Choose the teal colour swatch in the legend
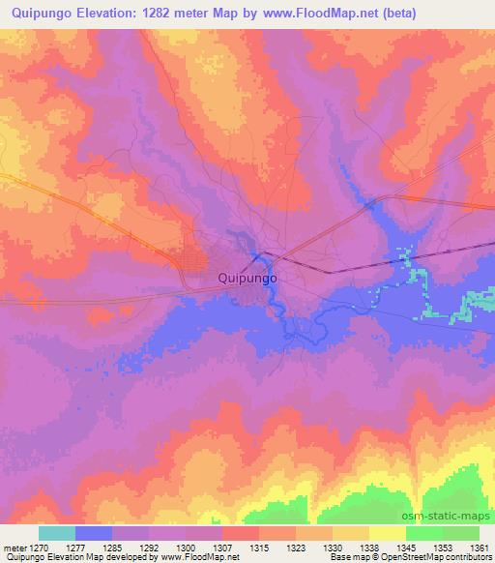coord(57,532)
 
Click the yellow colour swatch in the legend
coord(387,532)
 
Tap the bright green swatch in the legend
coord(423,532)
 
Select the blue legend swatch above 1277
coord(94,532)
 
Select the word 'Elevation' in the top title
coord(110,14)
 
